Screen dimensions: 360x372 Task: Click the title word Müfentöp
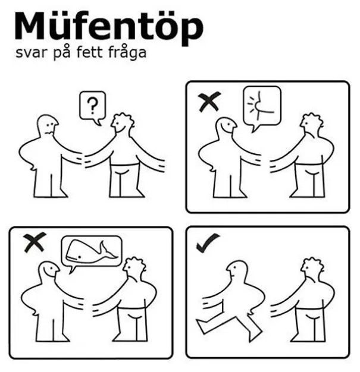click(x=109, y=27)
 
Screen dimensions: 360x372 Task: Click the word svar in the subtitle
click(x=31, y=53)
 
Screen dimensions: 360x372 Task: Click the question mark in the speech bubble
click(x=92, y=106)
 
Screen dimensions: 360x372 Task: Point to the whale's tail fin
click(x=108, y=251)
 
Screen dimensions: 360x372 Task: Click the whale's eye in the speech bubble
click(x=79, y=257)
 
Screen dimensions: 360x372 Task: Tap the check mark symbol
click(x=207, y=242)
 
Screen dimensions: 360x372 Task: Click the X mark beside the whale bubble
click(x=35, y=242)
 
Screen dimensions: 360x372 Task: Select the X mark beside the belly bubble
click(x=209, y=102)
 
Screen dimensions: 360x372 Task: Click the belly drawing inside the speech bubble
click(x=260, y=105)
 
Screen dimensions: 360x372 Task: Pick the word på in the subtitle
click(x=61, y=52)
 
